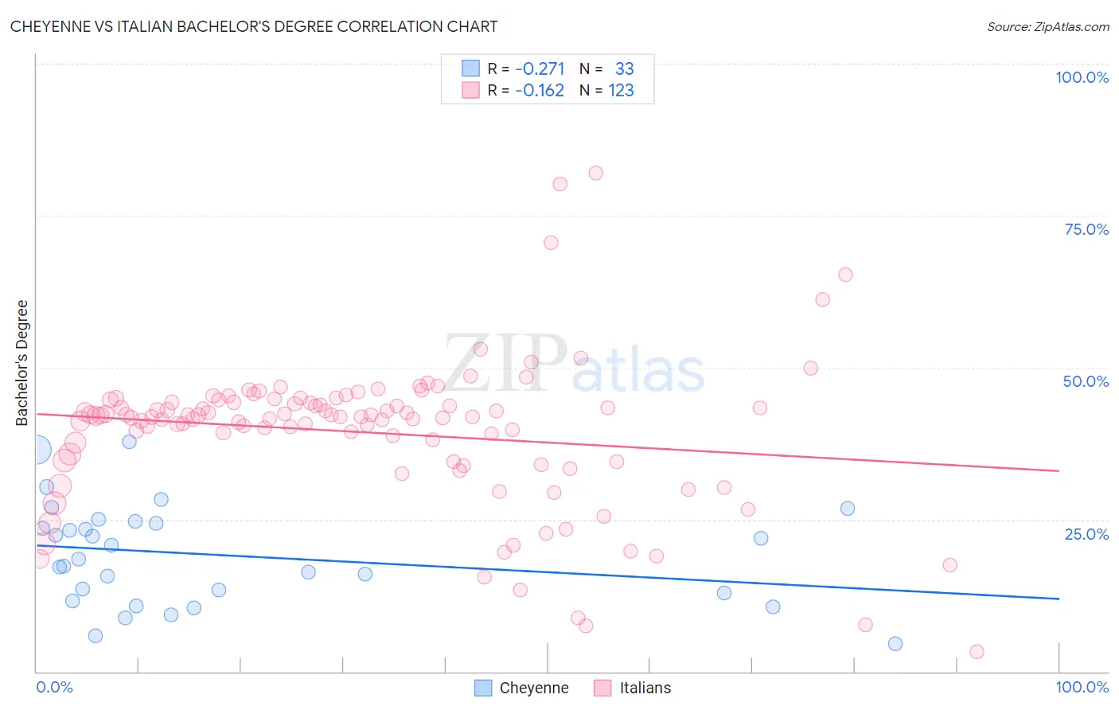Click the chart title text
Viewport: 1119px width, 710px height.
point(254,26)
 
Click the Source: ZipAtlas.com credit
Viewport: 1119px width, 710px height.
point(1047,26)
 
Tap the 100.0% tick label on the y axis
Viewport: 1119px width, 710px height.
point(1082,77)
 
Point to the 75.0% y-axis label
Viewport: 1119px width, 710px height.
point(1086,229)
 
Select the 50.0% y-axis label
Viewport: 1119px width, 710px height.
point(1086,381)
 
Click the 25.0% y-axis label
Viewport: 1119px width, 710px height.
point(1086,533)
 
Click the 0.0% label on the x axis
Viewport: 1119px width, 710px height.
point(54,687)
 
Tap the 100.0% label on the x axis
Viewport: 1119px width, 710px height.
point(1082,687)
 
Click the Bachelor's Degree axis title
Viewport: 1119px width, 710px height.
point(22,362)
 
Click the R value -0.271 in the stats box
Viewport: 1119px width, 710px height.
point(540,68)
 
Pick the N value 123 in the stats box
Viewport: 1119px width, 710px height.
point(621,90)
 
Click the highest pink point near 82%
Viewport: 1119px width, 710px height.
point(595,173)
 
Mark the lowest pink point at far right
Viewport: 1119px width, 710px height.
point(977,652)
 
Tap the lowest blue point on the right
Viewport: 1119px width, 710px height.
point(895,644)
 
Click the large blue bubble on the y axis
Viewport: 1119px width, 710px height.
point(37,451)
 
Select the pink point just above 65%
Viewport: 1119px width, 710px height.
point(845,275)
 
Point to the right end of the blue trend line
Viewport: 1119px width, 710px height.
point(1059,599)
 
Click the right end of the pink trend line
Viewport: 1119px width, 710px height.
point(1059,471)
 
